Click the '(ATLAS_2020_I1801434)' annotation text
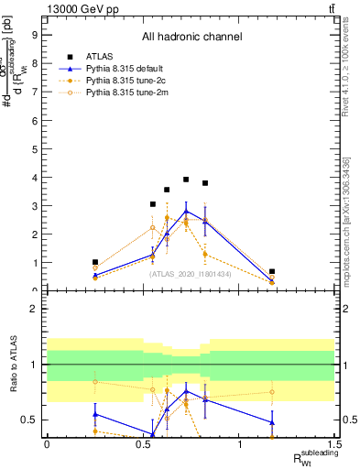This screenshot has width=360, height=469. (x=191, y=273)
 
